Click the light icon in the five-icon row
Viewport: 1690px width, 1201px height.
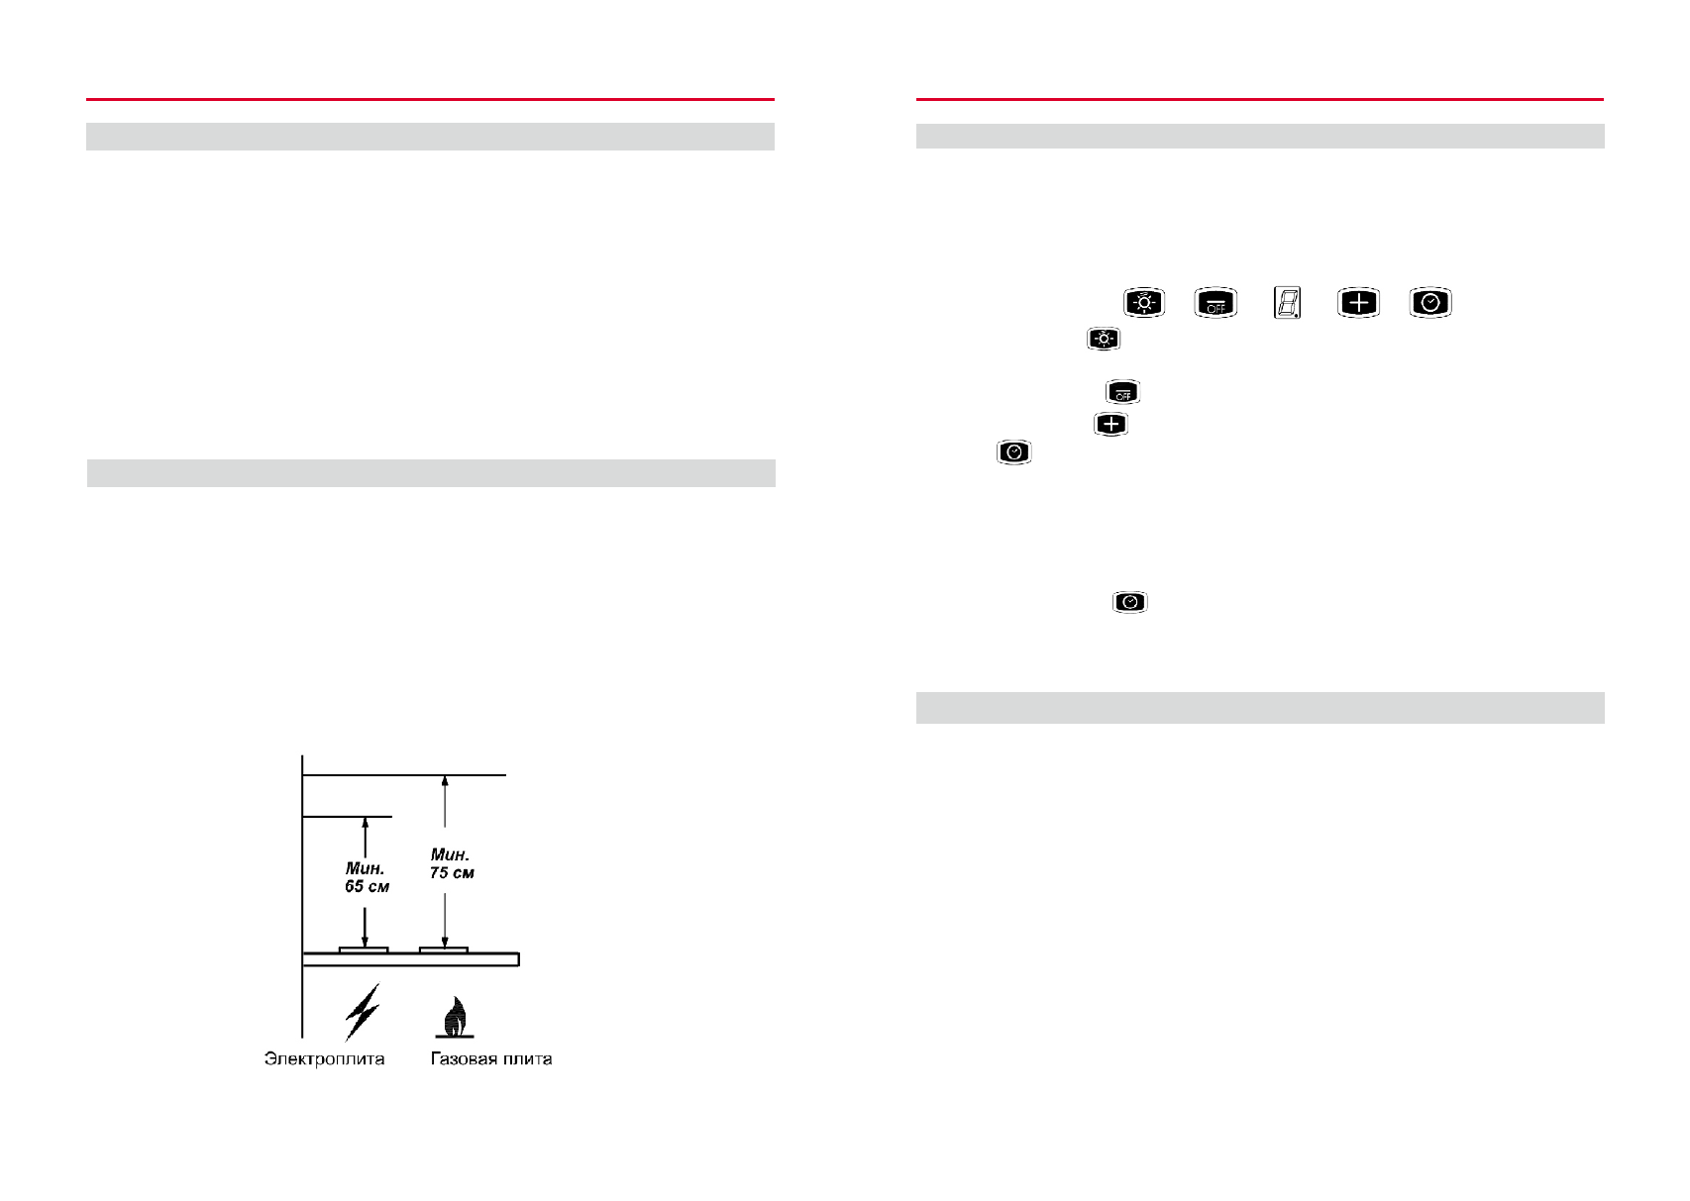point(1144,302)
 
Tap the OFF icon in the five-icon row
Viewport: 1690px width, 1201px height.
point(1215,302)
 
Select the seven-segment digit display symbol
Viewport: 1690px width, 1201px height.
point(1287,302)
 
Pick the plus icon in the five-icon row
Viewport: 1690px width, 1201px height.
point(1358,302)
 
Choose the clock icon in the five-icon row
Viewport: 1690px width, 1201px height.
point(1429,302)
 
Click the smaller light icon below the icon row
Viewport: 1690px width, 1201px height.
point(1103,339)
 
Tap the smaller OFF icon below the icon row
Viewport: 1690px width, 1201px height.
point(1122,392)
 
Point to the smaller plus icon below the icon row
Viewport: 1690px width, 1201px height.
point(1110,425)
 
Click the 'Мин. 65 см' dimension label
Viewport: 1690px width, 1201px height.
point(367,877)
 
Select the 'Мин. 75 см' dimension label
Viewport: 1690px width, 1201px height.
point(452,864)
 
